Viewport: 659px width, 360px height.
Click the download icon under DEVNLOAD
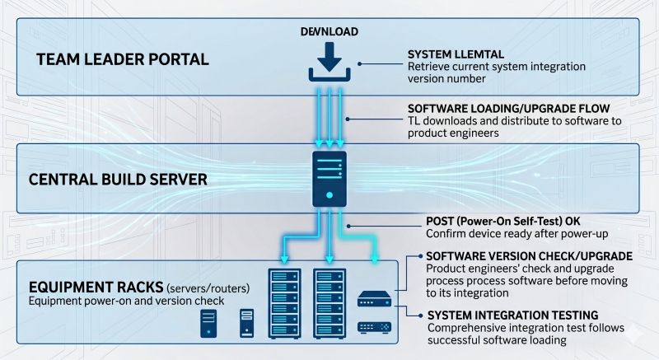329,63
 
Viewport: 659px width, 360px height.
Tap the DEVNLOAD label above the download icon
329,32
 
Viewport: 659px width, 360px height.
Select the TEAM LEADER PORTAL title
123,59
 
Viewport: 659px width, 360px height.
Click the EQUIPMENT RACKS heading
95,288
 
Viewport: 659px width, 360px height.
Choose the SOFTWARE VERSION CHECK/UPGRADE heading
529,255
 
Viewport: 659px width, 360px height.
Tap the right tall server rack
329,303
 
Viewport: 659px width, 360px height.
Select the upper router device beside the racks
374,301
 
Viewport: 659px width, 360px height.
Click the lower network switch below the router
374,327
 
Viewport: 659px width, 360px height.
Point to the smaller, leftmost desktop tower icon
209,325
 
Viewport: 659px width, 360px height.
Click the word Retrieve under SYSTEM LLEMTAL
430,67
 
